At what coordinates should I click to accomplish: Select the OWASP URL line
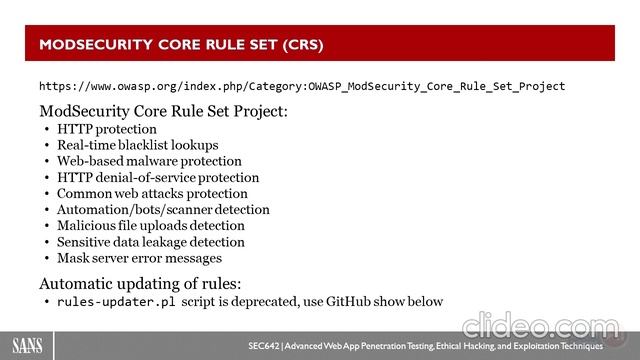(x=302, y=86)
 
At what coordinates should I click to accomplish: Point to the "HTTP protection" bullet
(x=107, y=129)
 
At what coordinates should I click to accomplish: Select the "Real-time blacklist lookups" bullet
(x=137, y=145)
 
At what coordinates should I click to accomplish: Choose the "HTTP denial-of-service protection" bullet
(x=157, y=177)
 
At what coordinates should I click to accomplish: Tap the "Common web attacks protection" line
(x=152, y=193)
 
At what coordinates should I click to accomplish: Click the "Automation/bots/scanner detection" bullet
(x=163, y=209)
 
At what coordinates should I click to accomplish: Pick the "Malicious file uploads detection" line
(x=150, y=225)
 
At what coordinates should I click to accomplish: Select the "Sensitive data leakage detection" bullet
(x=150, y=241)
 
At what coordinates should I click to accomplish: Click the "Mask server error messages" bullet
(x=139, y=257)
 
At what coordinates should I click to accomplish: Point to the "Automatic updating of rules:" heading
(x=138, y=282)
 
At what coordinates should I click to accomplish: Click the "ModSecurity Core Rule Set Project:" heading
(x=163, y=111)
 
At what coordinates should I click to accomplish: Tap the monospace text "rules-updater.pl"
(x=117, y=301)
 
